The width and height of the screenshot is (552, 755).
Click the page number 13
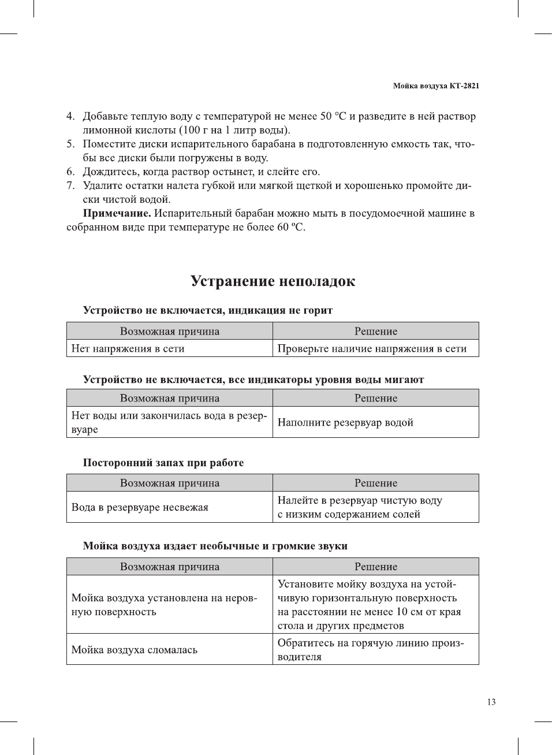click(491, 702)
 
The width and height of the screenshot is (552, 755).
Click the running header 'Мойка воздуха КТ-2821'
click(436, 86)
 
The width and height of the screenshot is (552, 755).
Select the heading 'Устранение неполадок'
click(273, 281)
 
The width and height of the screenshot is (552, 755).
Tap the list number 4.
click(70, 116)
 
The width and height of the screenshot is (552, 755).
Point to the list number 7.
click(70, 185)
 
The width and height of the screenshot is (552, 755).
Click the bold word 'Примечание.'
click(117, 213)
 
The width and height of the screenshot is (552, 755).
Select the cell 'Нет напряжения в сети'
click(128, 348)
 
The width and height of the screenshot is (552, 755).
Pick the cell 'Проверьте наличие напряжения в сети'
click(372, 348)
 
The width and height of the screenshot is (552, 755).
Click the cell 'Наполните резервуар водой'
click(345, 422)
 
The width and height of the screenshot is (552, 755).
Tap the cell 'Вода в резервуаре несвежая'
click(140, 507)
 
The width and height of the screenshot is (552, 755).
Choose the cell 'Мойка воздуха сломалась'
click(135, 650)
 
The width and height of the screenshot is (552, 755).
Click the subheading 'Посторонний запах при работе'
click(163, 463)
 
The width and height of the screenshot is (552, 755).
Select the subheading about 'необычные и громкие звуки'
click(215, 546)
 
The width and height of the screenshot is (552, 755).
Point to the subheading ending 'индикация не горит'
click(208, 310)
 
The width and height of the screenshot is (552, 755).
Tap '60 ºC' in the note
click(290, 227)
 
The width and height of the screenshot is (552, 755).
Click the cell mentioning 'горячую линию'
click(370, 650)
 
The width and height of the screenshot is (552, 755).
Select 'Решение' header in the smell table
click(376, 483)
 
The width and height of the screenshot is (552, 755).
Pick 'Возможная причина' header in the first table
click(170, 331)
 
